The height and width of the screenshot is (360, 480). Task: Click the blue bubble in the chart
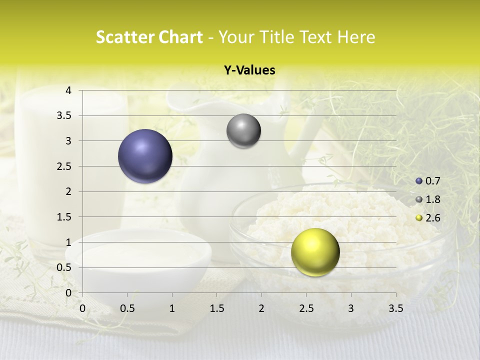pos(145,156)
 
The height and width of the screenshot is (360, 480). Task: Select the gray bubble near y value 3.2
pos(243,131)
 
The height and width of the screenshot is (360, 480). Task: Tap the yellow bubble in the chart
pos(315,252)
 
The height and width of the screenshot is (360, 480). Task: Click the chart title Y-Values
pos(249,70)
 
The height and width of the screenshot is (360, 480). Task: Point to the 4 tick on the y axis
pos(68,90)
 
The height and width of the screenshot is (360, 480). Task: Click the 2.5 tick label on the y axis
pos(64,166)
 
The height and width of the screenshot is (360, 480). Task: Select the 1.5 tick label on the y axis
pos(64,217)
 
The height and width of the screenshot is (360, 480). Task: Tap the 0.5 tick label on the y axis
pos(64,267)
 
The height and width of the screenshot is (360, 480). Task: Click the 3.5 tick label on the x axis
pos(395,308)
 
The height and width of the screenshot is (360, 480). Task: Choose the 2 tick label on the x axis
pos(261,308)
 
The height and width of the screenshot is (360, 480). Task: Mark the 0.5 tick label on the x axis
pos(127,308)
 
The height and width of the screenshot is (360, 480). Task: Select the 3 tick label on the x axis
pos(351,308)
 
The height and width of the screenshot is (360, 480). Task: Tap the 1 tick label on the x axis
pos(172,308)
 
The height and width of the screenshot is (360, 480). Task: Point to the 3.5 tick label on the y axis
pos(64,115)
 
